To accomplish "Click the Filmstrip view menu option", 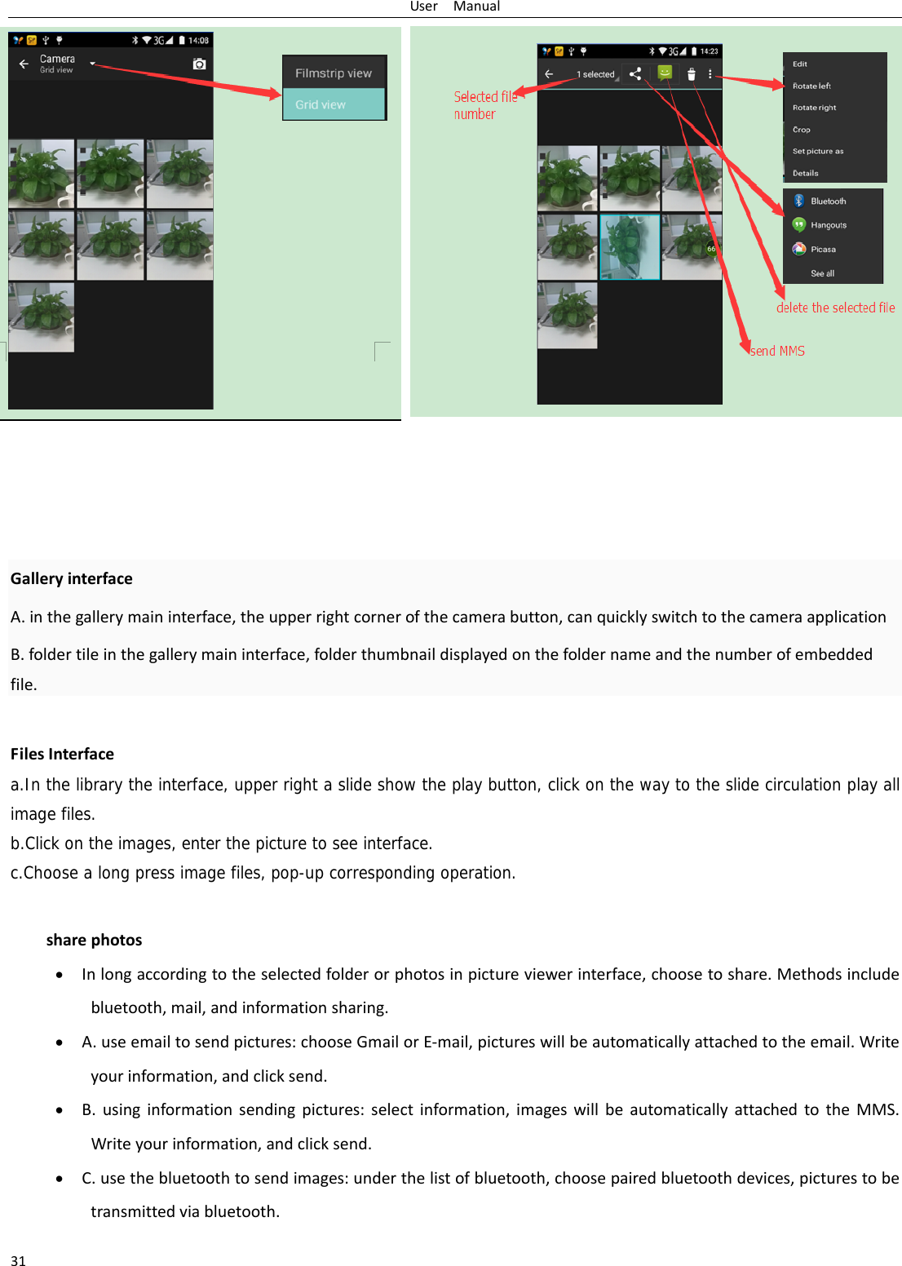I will pyautogui.click(x=334, y=73).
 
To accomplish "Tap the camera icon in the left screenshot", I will pyautogui.click(x=199, y=64).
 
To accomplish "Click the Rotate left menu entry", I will pyautogui.click(x=811, y=86).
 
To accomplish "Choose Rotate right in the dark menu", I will pyautogui.click(x=814, y=108).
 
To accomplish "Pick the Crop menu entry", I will pyautogui.click(x=802, y=130).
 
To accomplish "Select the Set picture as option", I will pyautogui.click(x=818, y=151).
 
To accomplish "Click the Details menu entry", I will pyautogui.click(x=806, y=173).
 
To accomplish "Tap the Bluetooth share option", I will pyautogui.click(x=828, y=201).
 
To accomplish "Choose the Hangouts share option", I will pyautogui.click(x=828, y=225).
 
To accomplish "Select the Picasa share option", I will pyautogui.click(x=823, y=250).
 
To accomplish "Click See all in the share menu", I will pyautogui.click(x=822, y=273).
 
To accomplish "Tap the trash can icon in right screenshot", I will pyautogui.click(x=692, y=74).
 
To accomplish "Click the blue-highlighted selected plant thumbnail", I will pyautogui.click(x=630, y=247).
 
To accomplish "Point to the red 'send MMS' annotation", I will pyautogui.click(x=777, y=351).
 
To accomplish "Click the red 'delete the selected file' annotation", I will pyautogui.click(x=835, y=308).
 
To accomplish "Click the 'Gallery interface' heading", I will pyautogui.click(x=72, y=578).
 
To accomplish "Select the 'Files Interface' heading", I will pyautogui.click(x=62, y=754).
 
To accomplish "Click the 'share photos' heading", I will pyautogui.click(x=94, y=940).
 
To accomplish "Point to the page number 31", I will pyautogui.click(x=18, y=1260).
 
